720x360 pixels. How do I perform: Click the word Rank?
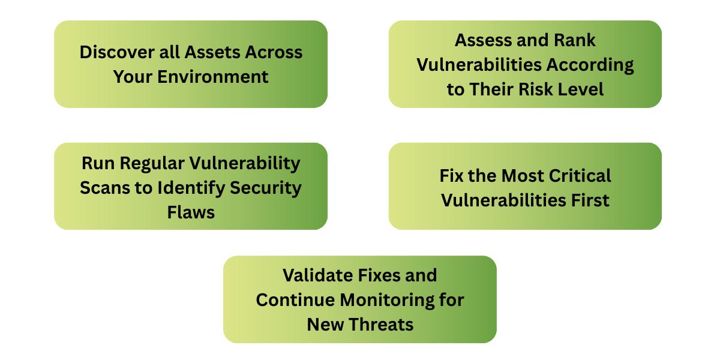point(575,40)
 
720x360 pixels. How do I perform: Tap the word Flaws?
point(191,212)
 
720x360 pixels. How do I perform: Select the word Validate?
point(319,275)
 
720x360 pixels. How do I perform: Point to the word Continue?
point(295,299)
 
